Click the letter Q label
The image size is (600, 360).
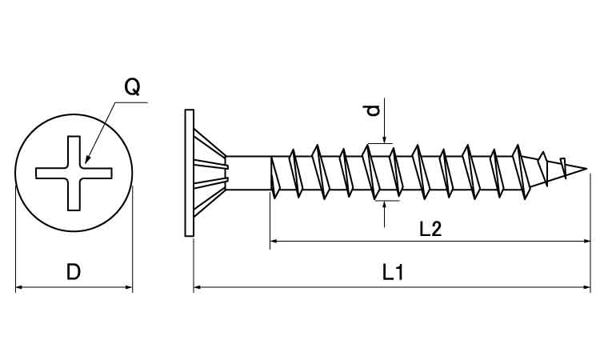click(x=133, y=87)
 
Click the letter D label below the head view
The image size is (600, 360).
click(x=74, y=272)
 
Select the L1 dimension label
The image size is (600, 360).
click(x=392, y=273)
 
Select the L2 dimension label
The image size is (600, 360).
click(x=430, y=230)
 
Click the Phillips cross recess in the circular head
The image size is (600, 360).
click(x=74, y=170)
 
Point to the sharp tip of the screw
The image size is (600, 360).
click(x=588, y=170)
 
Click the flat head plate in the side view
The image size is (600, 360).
click(x=189, y=172)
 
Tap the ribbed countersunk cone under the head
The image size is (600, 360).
click(x=210, y=171)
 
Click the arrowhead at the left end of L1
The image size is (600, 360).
click(x=198, y=285)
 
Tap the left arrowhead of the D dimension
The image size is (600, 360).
click(x=20, y=286)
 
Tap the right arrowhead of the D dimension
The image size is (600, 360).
click(x=128, y=286)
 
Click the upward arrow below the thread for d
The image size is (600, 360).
click(x=386, y=204)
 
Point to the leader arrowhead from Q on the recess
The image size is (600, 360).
click(x=86, y=159)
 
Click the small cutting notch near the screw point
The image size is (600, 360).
click(x=566, y=166)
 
